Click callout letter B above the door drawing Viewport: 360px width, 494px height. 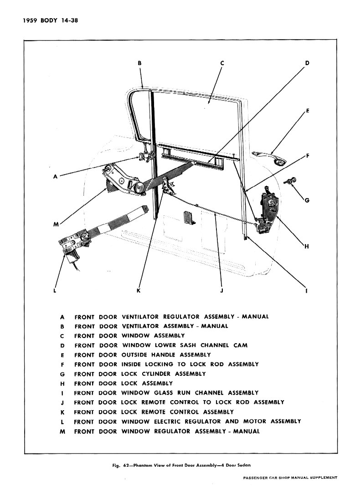139,63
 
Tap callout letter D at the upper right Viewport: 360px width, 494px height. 307,63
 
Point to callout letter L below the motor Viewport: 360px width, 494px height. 55,290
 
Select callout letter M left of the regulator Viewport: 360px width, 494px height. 56,224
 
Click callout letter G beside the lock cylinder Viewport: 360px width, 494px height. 307,200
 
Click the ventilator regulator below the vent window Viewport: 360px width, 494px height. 145,154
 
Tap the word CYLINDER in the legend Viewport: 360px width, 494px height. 156,374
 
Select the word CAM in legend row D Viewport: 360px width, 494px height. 241,345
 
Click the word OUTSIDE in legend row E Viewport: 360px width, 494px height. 134,355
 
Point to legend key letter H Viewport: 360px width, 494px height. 62,384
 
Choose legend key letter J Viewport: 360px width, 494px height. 62,402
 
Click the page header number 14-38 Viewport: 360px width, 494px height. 70,21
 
